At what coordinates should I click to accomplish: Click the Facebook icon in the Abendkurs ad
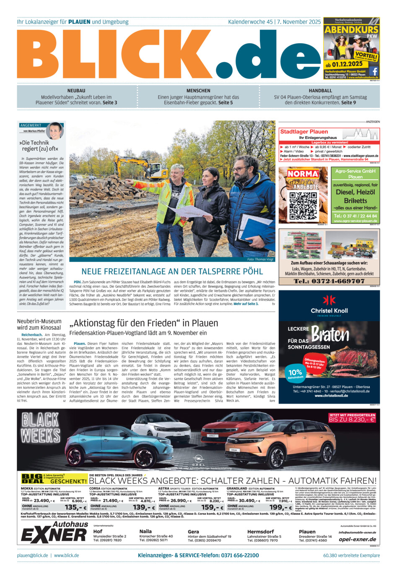coord(374,71)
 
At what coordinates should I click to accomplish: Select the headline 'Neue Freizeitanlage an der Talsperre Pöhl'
coord(172,271)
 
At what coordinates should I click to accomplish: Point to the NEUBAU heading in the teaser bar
coord(76,91)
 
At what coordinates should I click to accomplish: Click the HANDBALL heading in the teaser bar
coord(320,91)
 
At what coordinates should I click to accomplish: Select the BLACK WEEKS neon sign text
coord(41,428)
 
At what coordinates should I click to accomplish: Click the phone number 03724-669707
coord(329,281)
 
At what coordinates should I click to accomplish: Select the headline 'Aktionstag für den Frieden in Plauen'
coord(144,323)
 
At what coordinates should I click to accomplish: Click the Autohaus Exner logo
coord(54,532)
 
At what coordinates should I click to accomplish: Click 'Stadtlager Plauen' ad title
coord(304,131)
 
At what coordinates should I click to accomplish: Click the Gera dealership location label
coord(193,531)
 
